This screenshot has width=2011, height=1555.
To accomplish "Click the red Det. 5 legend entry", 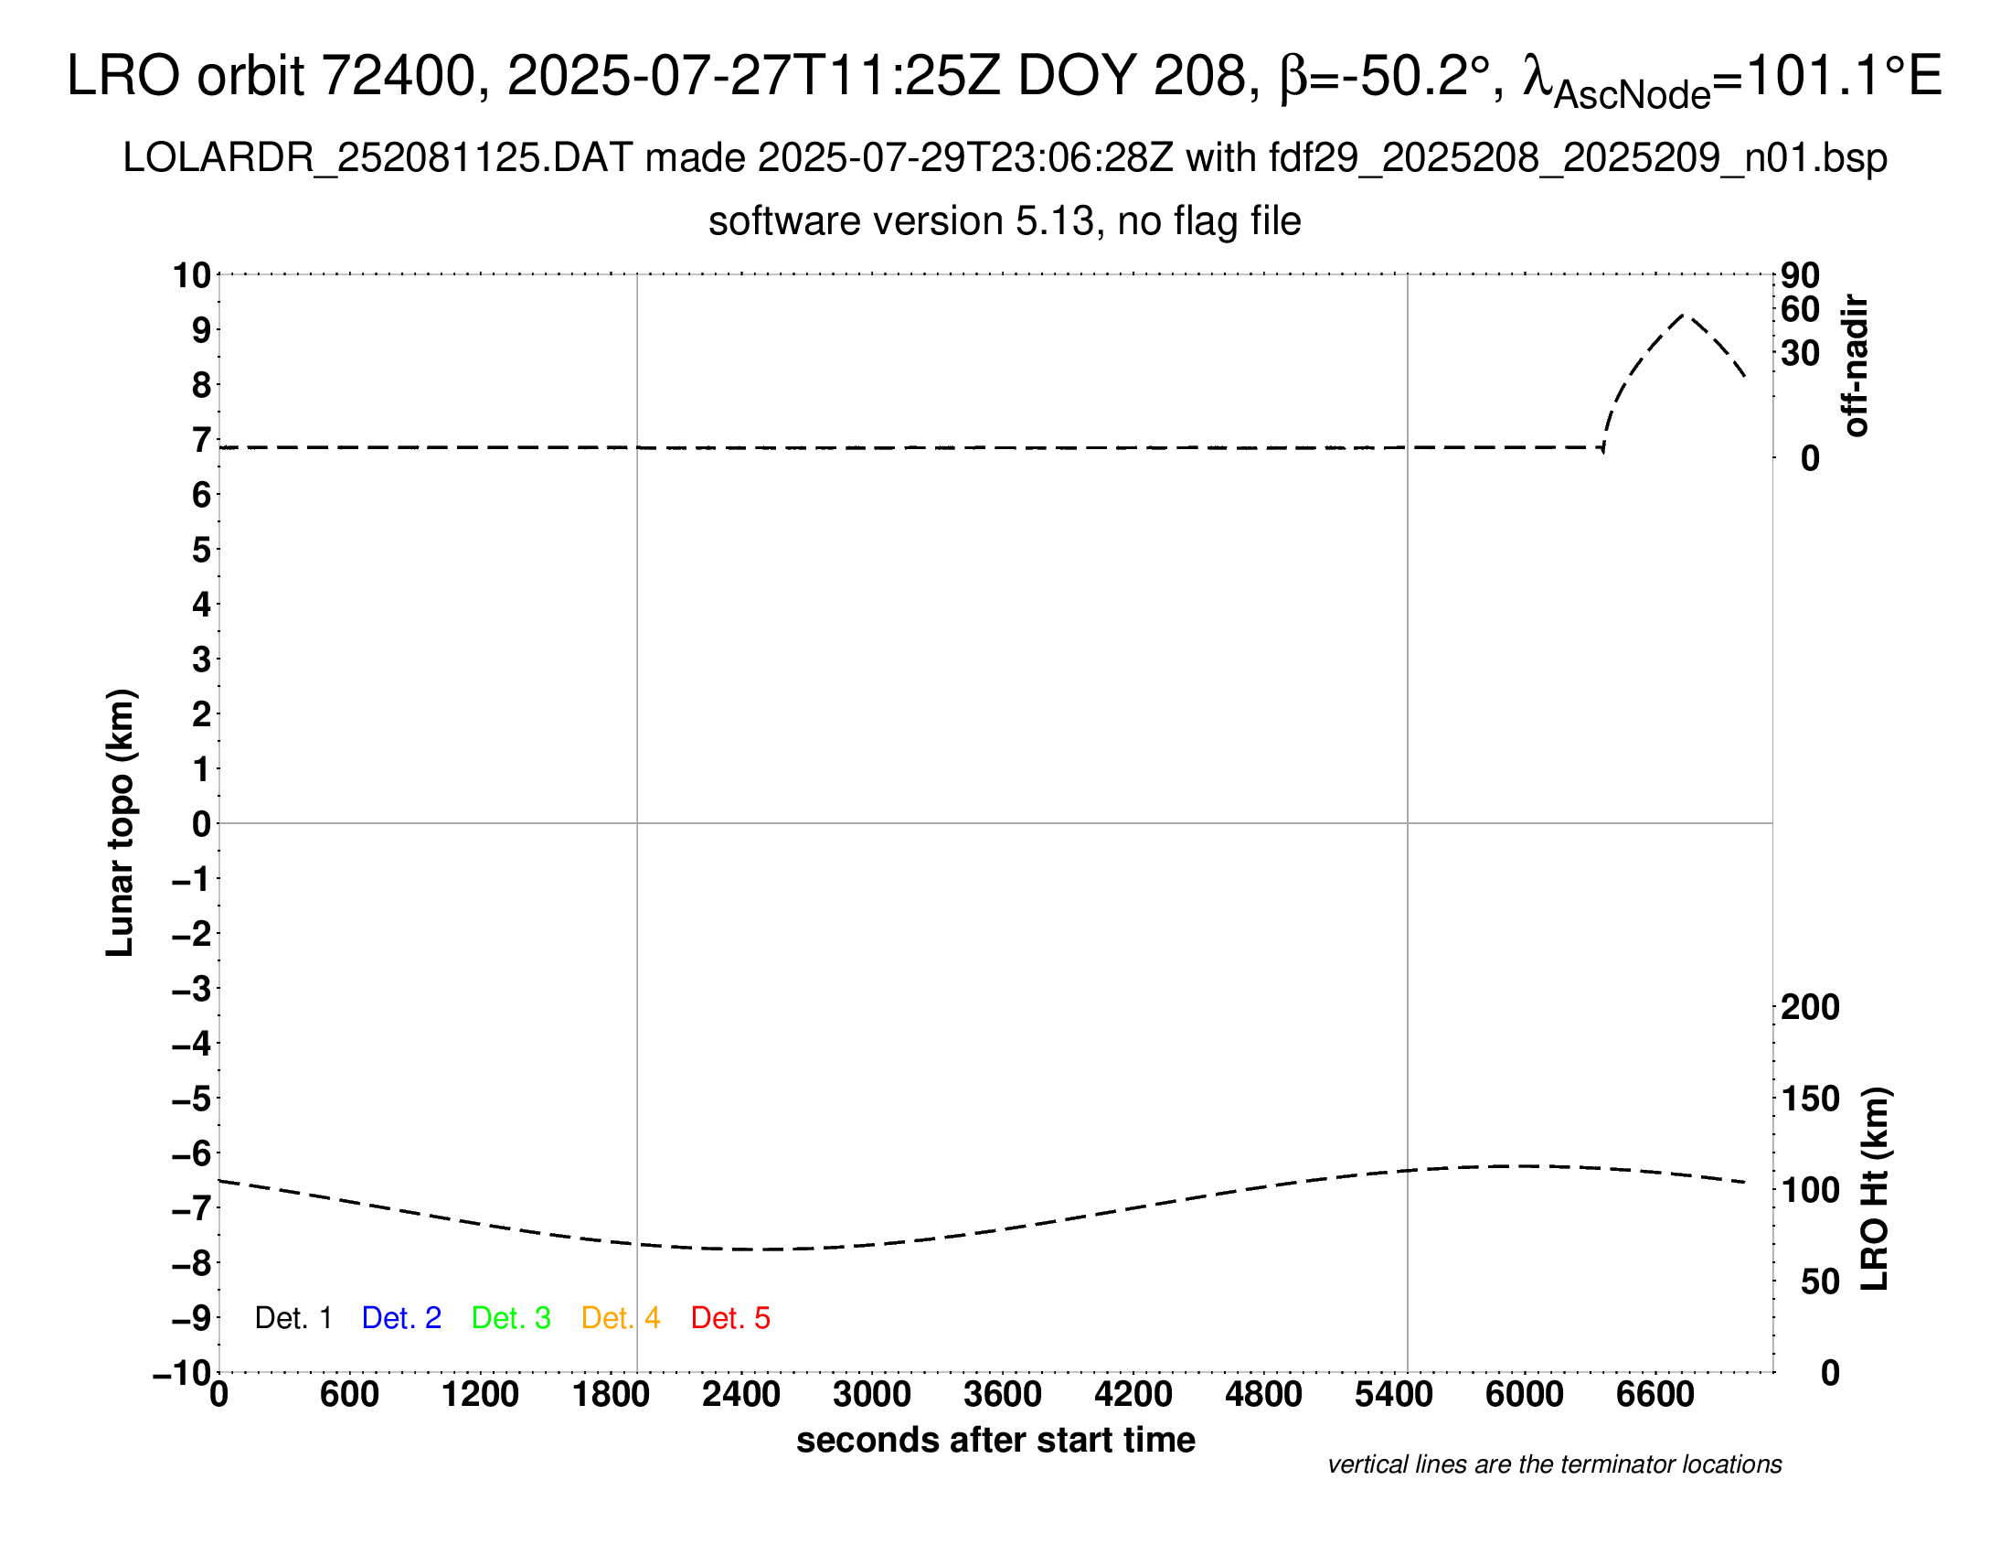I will (x=730, y=1318).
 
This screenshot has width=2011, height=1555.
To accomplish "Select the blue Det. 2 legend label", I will (x=401, y=1318).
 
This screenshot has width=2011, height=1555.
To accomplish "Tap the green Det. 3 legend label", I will (x=511, y=1318).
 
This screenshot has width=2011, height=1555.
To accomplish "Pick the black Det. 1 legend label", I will (x=293, y=1318).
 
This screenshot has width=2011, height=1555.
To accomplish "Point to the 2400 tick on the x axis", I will (x=741, y=1395).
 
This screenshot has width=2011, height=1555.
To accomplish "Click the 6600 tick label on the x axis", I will (x=1655, y=1395).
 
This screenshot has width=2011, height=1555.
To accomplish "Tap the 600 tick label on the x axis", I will (x=349, y=1395).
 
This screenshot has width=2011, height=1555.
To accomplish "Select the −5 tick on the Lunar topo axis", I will (x=191, y=1099).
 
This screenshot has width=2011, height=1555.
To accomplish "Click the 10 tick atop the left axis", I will (x=193, y=274).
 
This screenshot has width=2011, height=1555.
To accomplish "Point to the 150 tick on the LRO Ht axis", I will (x=1810, y=1098).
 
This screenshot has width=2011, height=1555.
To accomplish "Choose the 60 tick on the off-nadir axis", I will (x=1800, y=309).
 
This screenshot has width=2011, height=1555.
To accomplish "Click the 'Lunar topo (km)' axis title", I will (x=121, y=822).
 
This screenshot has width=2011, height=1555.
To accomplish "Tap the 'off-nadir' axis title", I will (x=1856, y=366).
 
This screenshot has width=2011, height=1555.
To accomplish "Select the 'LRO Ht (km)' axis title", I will (x=1875, y=1189).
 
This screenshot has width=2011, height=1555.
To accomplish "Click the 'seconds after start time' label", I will (x=995, y=1440).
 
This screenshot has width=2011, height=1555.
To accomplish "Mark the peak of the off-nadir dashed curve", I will (x=1684, y=315).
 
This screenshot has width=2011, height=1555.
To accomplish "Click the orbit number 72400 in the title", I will (x=398, y=76).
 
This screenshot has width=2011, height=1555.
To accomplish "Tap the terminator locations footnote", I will (x=1554, y=1464).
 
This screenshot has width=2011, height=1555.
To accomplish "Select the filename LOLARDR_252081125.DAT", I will (x=377, y=158).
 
